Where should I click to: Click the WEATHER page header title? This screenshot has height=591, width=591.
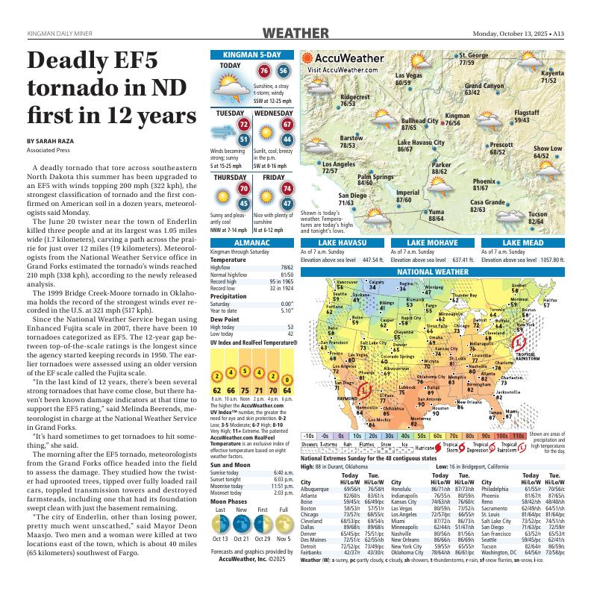click(296, 34)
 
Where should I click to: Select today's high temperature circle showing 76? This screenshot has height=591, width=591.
click(263, 71)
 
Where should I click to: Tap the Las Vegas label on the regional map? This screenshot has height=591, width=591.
click(408, 76)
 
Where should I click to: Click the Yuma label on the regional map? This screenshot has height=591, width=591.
click(436, 212)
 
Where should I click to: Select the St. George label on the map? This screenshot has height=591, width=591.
click(473, 56)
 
